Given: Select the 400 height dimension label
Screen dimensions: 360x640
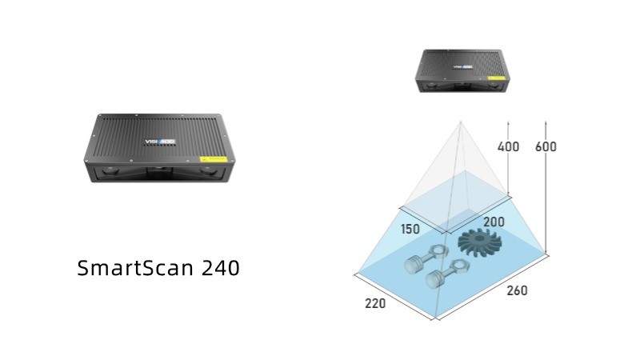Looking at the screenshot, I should click(x=508, y=146).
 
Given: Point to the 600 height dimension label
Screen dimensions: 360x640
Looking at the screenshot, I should click(x=546, y=146).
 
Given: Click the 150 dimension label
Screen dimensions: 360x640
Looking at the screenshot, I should click(x=410, y=229).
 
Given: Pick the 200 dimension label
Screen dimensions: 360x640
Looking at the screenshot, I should click(x=494, y=221).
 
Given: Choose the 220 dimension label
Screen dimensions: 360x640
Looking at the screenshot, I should click(x=374, y=303).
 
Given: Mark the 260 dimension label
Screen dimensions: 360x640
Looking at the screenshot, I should click(x=517, y=290).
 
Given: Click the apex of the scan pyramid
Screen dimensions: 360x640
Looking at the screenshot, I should click(x=460, y=122).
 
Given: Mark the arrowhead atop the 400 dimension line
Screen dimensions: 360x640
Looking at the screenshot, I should click(x=509, y=122).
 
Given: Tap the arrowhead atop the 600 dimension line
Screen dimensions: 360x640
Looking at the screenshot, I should click(x=546, y=122).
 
